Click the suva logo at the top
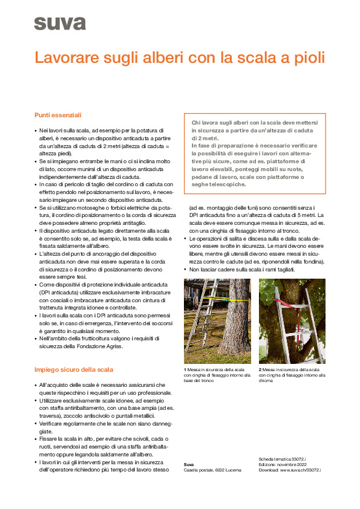click(x=60, y=23)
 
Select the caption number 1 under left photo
click(x=185, y=369)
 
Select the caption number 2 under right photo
click(x=260, y=369)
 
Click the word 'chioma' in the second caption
click(x=267, y=381)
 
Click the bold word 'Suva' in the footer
click(x=189, y=464)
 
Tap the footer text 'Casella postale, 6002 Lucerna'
click(x=212, y=470)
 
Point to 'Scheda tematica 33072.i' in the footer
click(x=282, y=459)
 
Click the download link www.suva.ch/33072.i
click(x=300, y=470)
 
